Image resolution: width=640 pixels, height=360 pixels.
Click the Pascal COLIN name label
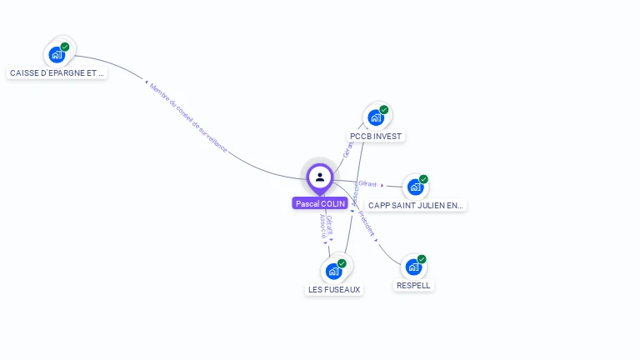click(320, 203)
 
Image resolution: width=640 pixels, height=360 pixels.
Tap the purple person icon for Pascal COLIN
click(320, 177)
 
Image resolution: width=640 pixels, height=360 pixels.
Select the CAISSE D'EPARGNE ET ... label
click(57, 72)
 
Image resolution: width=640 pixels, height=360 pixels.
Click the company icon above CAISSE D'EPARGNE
click(57, 54)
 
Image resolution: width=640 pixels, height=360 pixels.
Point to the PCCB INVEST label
click(376, 136)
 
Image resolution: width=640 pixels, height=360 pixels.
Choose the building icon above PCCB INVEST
click(376, 117)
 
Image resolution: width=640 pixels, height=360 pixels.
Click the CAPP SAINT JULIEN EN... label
click(416, 205)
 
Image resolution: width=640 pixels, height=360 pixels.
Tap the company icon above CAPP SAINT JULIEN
click(415, 187)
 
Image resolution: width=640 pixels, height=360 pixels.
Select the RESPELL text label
click(413, 285)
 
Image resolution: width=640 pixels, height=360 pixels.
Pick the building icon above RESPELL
click(413, 267)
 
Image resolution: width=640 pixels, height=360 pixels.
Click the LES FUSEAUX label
click(334, 289)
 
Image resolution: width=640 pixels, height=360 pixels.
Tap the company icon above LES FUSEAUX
click(334, 271)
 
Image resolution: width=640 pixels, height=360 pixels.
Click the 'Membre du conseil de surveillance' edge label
click(188, 117)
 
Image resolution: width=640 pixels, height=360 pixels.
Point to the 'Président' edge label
click(367, 224)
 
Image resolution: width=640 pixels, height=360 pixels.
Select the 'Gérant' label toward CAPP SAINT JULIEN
click(367, 183)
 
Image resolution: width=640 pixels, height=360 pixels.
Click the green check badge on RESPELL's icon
click(422, 259)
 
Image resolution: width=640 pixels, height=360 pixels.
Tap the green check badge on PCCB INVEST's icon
click(384, 109)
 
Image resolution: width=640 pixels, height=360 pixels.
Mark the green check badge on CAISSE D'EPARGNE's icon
click(65, 47)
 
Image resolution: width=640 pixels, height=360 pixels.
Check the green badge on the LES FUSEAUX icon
click(342, 263)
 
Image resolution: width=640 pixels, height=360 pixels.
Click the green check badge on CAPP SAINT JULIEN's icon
click(423, 179)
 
